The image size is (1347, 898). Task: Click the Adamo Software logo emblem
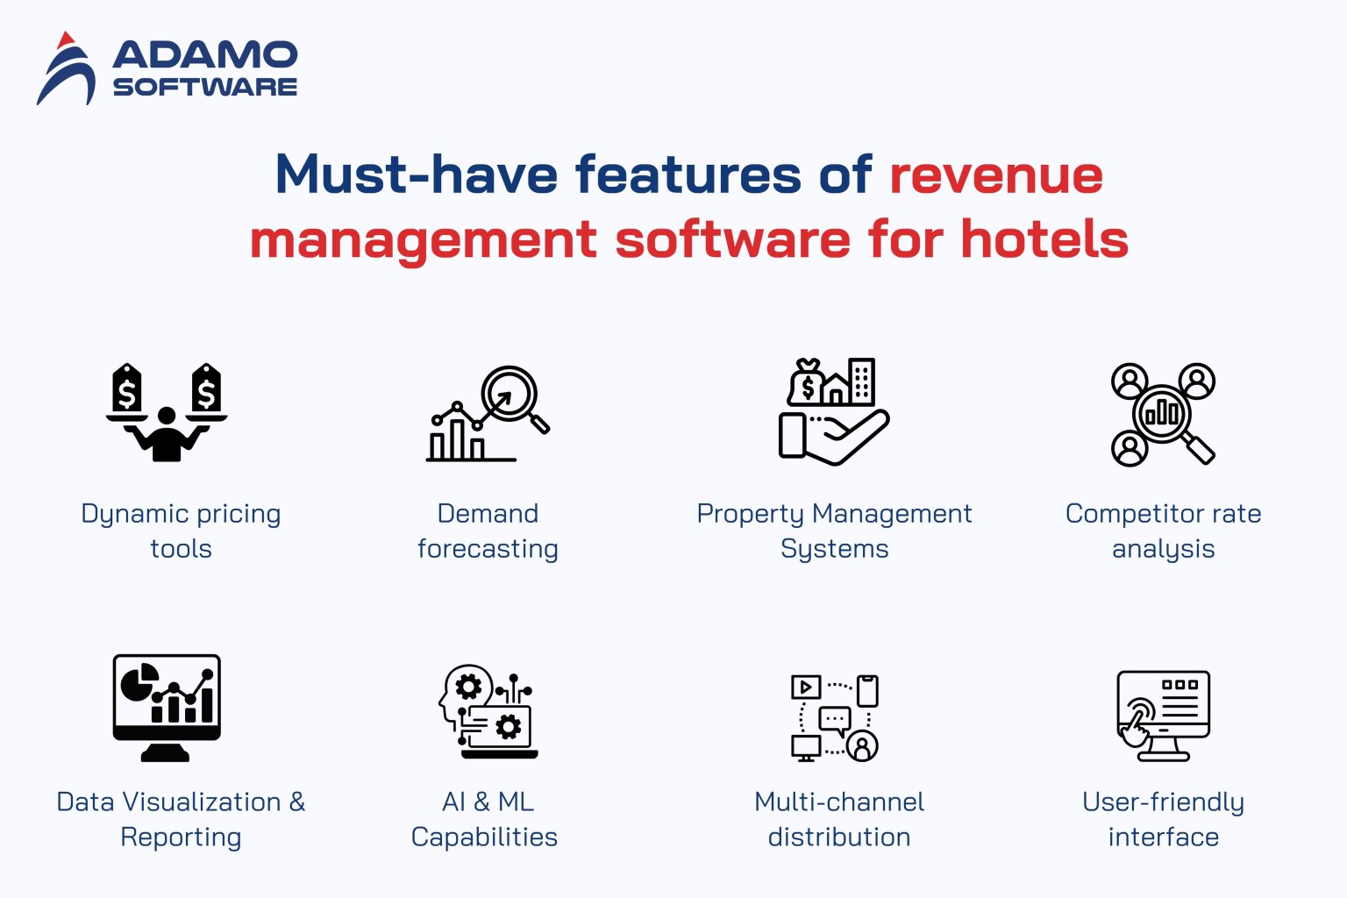66,70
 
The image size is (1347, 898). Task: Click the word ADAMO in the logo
205,54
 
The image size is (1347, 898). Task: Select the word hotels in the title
1044,239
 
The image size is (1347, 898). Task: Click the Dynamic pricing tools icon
167,412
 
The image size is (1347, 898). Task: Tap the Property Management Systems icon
833,412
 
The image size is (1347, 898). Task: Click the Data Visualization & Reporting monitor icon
167,707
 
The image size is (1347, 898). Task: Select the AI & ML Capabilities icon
488,711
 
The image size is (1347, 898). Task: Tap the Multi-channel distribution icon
835,717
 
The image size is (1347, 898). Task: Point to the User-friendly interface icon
1163,716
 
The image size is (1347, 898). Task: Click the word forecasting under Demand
488,549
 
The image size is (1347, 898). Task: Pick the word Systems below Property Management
834,549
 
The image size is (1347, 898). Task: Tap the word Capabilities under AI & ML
484,837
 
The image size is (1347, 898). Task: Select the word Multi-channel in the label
839,802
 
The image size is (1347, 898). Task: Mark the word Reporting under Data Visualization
181,837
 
